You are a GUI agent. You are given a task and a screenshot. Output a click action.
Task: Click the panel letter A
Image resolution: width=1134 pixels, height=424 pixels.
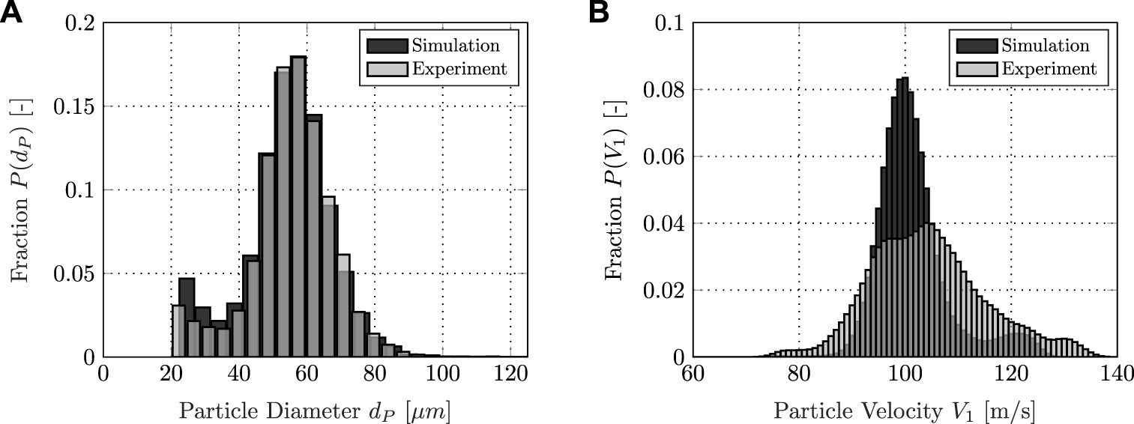point(15,13)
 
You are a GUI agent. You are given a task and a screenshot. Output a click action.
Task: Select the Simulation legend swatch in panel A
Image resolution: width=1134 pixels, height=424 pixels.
point(387,46)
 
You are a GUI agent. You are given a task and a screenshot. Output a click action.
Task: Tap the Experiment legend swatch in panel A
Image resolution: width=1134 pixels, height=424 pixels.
point(387,69)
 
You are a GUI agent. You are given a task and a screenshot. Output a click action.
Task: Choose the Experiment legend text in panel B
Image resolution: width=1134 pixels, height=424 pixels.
point(1049,69)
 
